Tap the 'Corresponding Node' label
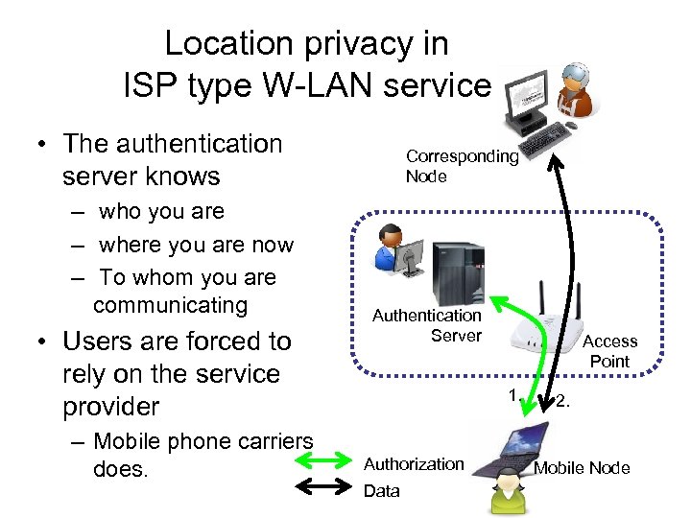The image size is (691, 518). click(462, 166)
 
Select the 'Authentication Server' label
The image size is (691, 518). click(427, 324)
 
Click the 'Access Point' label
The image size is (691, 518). click(609, 351)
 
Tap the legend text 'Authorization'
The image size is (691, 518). click(414, 464)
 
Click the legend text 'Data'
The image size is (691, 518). click(382, 491)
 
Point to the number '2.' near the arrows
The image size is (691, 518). click(563, 401)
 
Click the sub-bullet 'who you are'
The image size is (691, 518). click(161, 211)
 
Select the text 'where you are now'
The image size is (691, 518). click(196, 245)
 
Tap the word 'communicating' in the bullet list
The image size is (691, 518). click(171, 306)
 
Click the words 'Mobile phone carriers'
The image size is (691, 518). click(203, 442)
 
